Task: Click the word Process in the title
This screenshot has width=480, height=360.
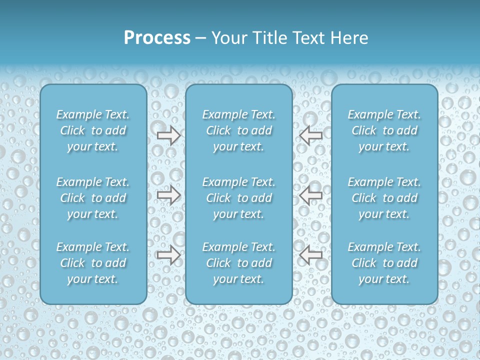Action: point(157,38)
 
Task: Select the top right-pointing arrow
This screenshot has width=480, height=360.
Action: point(168,135)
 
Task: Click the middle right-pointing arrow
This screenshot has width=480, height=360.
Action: point(168,194)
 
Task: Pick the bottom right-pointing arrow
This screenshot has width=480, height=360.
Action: point(168,255)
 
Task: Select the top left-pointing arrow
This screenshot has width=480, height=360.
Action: point(311,135)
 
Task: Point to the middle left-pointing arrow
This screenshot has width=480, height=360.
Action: point(311,194)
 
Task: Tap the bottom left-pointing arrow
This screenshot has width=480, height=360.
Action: point(311,255)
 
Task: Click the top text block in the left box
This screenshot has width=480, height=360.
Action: point(93,130)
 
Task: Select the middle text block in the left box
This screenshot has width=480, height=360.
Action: point(93,198)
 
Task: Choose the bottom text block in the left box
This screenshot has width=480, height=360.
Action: point(93,263)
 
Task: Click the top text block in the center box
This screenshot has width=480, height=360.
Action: point(239,130)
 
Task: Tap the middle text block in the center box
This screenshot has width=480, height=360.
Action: point(239,198)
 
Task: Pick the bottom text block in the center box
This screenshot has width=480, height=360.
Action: point(239,263)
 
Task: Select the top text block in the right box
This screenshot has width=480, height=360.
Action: point(384,130)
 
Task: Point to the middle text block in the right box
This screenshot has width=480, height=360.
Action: point(384,198)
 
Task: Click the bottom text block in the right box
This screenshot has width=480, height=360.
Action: point(384,263)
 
